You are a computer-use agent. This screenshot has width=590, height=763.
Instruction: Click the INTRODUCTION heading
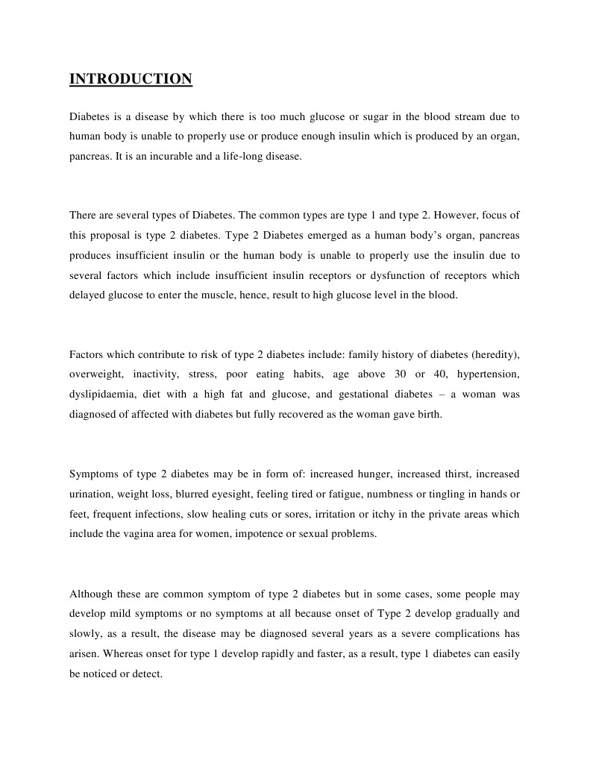pos(131,79)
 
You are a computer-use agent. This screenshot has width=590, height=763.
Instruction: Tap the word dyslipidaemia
pos(101,393)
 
